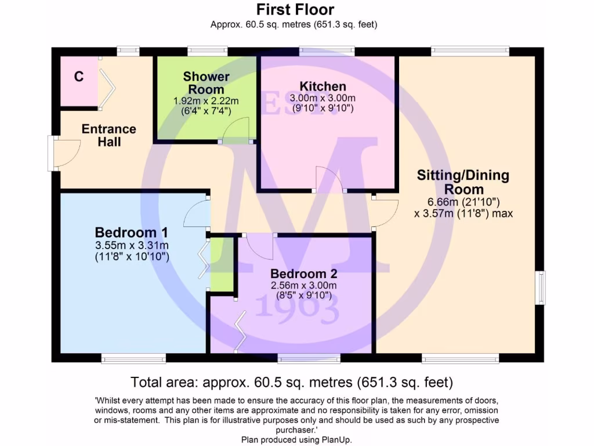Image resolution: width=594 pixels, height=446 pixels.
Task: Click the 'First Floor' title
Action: click(295, 9)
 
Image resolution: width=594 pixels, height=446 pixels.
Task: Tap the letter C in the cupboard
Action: click(78, 76)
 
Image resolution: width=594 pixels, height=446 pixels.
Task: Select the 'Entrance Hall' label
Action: click(108, 135)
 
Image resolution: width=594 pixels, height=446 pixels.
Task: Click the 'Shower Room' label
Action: click(206, 82)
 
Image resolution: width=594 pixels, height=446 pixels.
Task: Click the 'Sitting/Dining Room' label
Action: click(463, 182)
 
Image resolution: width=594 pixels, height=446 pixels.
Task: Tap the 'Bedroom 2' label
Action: click(304, 274)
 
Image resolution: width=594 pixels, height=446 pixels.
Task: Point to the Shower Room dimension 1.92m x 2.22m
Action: click(206, 101)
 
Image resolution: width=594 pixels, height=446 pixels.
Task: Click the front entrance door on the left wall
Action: click(65, 153)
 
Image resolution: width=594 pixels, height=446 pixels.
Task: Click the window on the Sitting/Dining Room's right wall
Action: click(540, 287)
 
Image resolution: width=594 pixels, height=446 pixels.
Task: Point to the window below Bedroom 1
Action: click(133, 358)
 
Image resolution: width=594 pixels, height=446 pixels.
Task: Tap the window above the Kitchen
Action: click(327, 52)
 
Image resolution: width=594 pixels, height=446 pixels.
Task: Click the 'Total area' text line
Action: click(292, 383)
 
